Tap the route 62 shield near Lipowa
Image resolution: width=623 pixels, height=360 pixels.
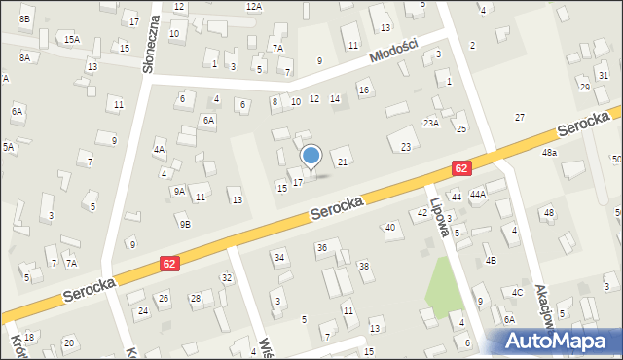pyautogui.click(x=461, y=168)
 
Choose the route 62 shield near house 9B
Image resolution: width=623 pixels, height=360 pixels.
pyautogui.click(x=170, y=263)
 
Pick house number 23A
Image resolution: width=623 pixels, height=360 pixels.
pyautogui.click(x=431, y=124)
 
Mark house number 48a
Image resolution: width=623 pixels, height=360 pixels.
pyautogui.click(x=550, y=153)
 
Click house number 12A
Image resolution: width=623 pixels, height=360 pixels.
pyautogui.click(x=254, y=7)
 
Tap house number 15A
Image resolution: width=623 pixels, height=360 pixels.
pyautogui.click(x=72, y=39)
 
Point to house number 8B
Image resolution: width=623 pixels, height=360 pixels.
pyautogui.click(x=25, y=18)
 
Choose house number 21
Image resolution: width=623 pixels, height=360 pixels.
pyautogui.click(x=342, y=161)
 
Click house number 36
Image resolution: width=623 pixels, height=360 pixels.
pyautogui.click(x=322, y=248)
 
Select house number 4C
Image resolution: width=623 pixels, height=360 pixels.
pyautogui.click(x=518, y=292)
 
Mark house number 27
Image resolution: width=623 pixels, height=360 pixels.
pyautogui.click(x=520, y=117)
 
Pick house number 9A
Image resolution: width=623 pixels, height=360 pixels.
pyautogui.click(x=179, y=192)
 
